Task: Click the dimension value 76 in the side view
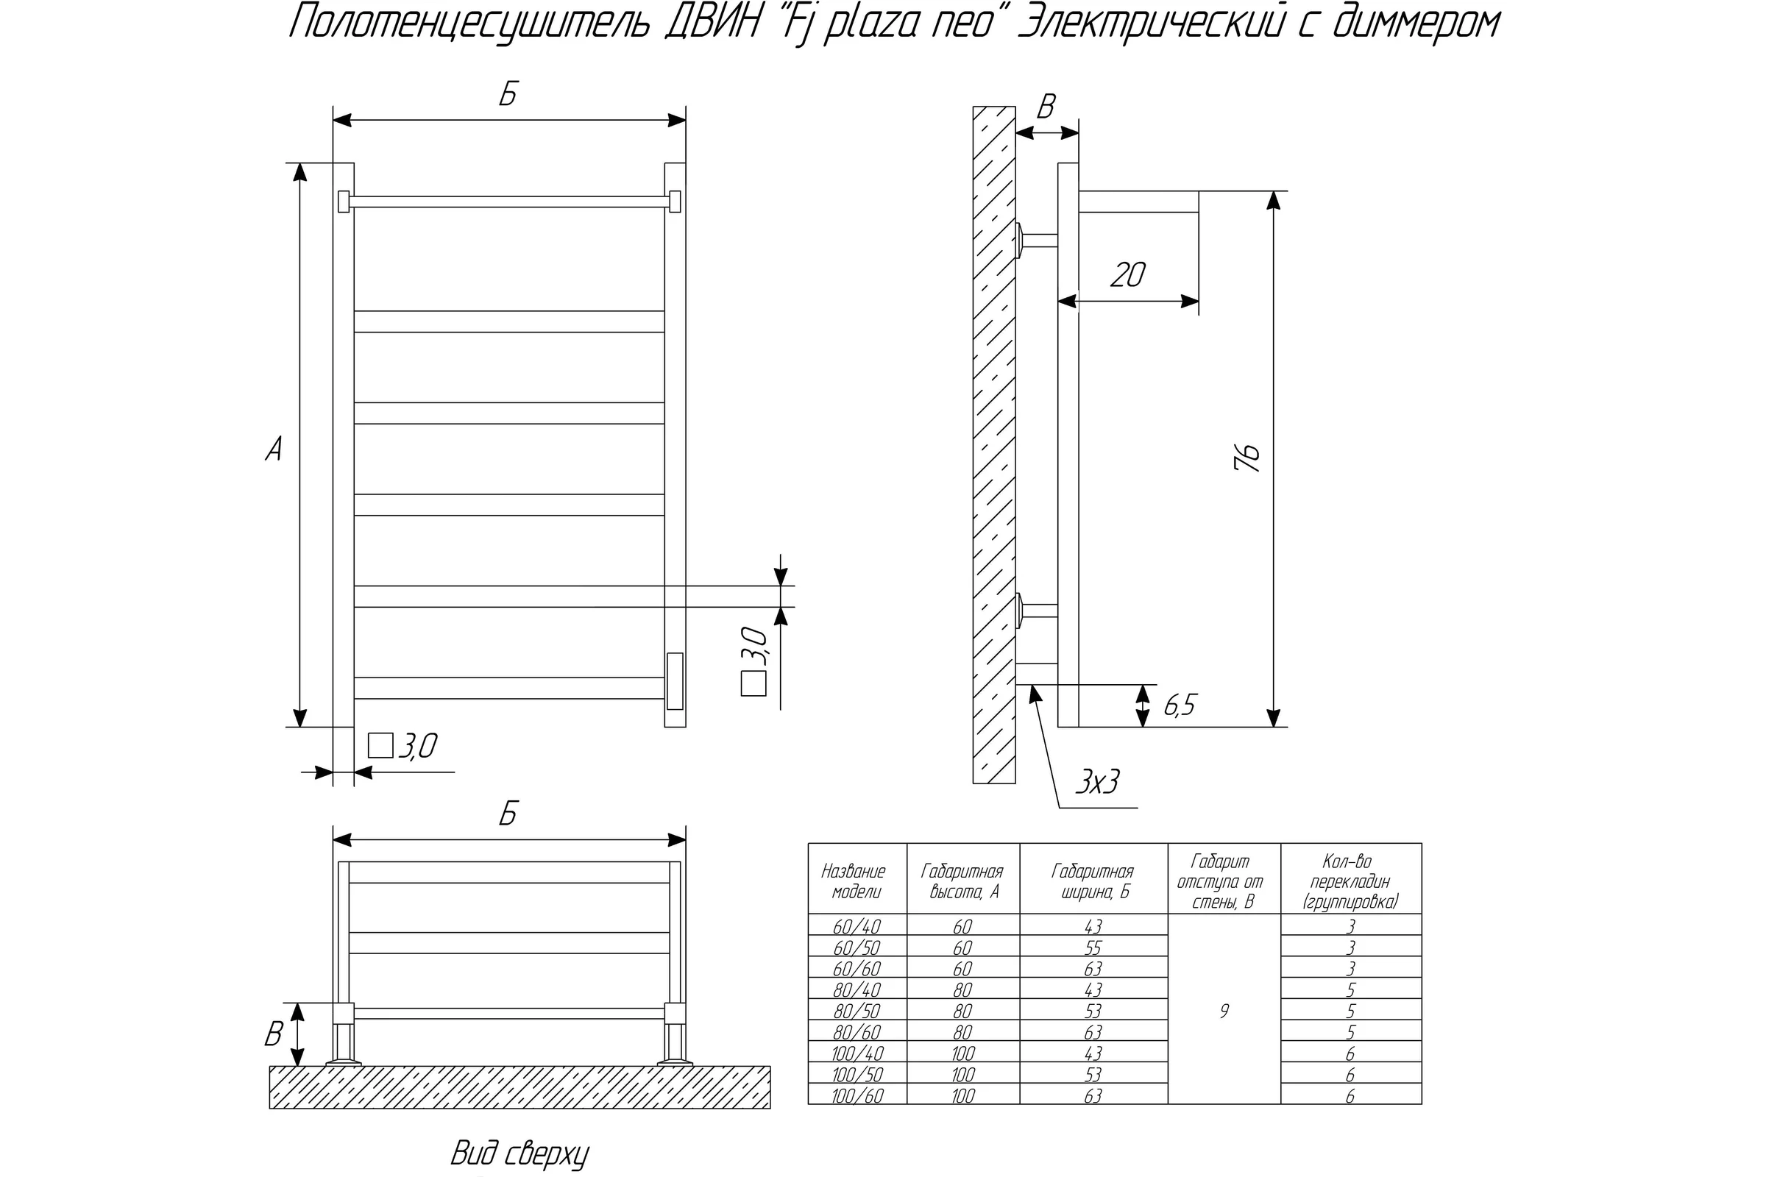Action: pos(1247,456)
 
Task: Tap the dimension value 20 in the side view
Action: pos(1128,275)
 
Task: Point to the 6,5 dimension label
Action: pos(1180,705)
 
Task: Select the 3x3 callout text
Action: pos(1097,782)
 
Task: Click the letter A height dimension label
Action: pos(274,449)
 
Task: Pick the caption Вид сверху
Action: pos(519,1154)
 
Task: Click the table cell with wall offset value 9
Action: pos(1224,1011)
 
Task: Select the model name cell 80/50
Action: pos(857,1011)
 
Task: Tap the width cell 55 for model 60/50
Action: pos(1093,948)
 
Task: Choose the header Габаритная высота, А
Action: pos(962,882)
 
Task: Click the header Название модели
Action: pos(854,882)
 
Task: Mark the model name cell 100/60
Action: pos(857,1096)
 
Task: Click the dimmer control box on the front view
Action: pos(674,681)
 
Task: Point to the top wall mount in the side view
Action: pos(1036,241)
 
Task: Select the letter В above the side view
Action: pos(1046,107)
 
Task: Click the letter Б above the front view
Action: pos(508,96)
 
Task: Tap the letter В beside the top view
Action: pos(273,1034)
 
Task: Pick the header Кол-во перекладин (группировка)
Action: pos(1350,882)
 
